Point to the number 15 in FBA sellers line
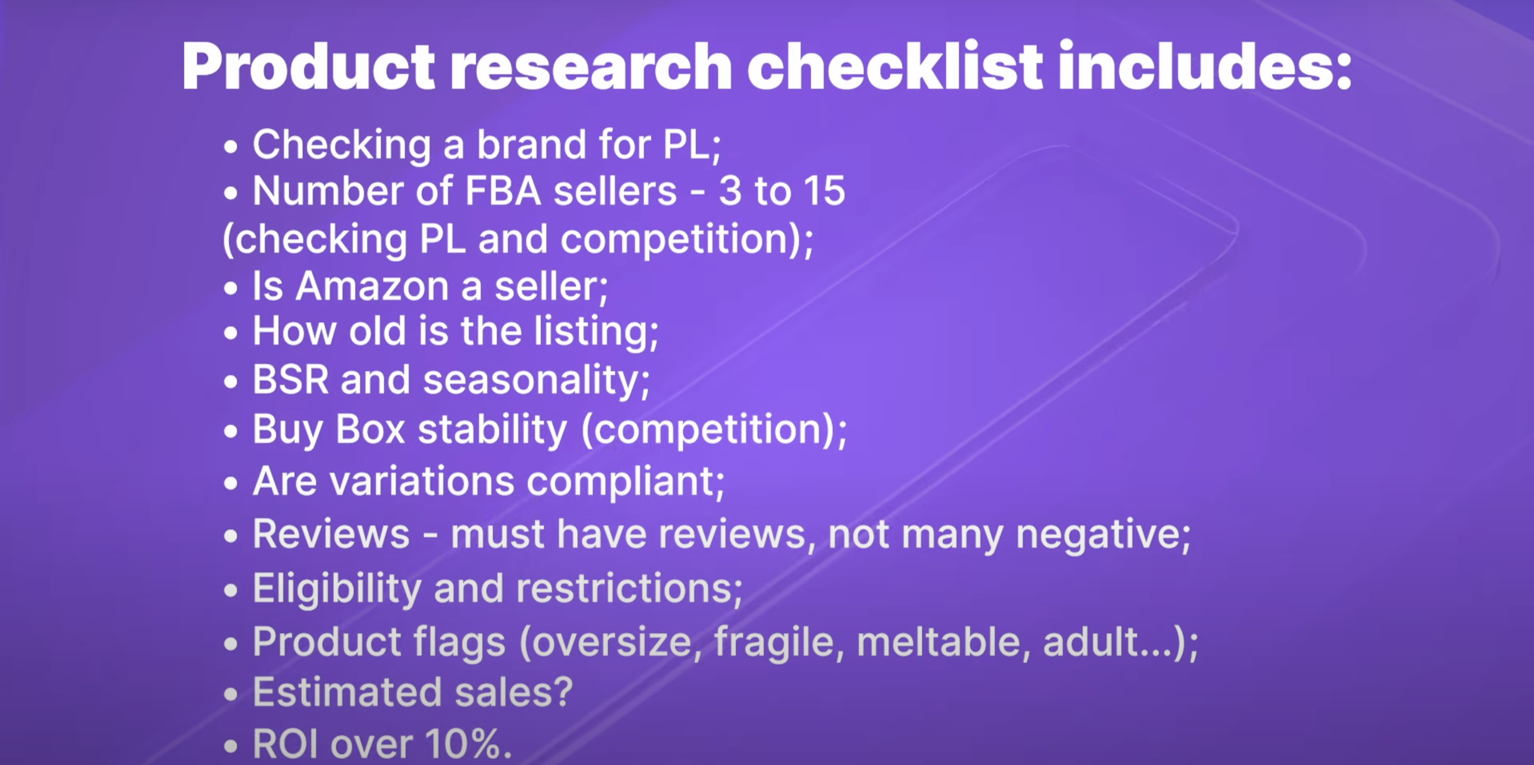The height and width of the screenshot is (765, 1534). tap(824, 191)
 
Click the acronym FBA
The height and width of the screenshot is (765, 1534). tap(503, 191)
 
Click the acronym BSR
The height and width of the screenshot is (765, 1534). tap(291, 379)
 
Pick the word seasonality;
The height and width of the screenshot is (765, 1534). tap(536, 380)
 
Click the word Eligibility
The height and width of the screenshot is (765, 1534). tap(337, 588)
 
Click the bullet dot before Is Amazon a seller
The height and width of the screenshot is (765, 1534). tap(230, 288)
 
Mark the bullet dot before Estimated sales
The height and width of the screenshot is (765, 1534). tap(230, 694)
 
